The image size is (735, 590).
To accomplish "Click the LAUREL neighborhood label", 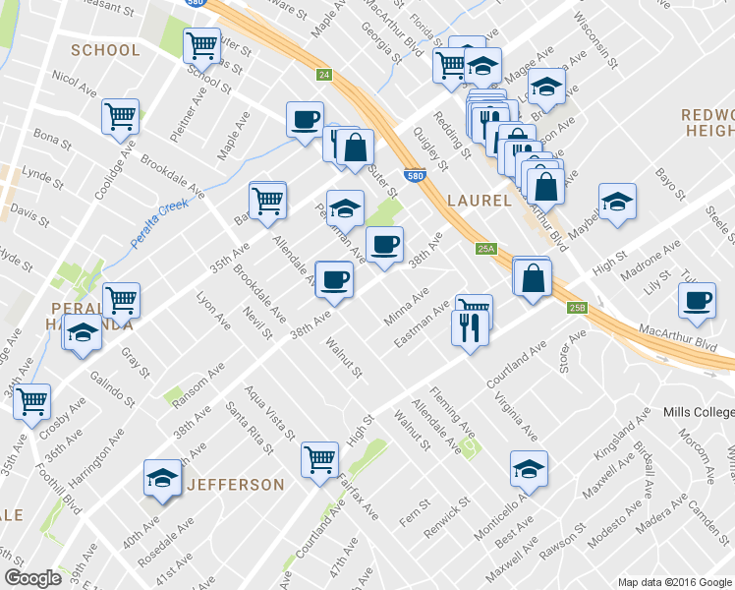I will (479, 201).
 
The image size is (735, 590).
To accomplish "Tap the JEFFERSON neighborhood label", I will (235, 485).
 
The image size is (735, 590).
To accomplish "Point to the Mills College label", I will (698, 411).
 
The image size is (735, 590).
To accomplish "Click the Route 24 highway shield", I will (323, 75).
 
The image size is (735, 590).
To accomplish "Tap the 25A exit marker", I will (484, 249).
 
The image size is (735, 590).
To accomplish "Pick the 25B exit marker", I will (577, 308).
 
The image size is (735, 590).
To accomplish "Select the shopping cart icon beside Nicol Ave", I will (121, 116).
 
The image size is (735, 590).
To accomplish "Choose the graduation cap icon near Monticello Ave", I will (530, 468).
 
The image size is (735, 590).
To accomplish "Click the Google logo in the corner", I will (32, 578).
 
